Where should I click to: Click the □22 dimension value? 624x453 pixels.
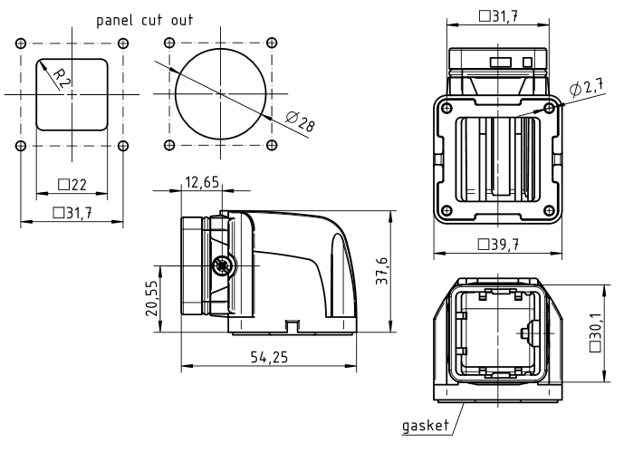72,184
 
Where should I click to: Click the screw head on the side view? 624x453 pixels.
221,265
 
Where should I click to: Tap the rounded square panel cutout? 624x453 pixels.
72,94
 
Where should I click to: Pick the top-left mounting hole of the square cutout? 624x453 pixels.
21,43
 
